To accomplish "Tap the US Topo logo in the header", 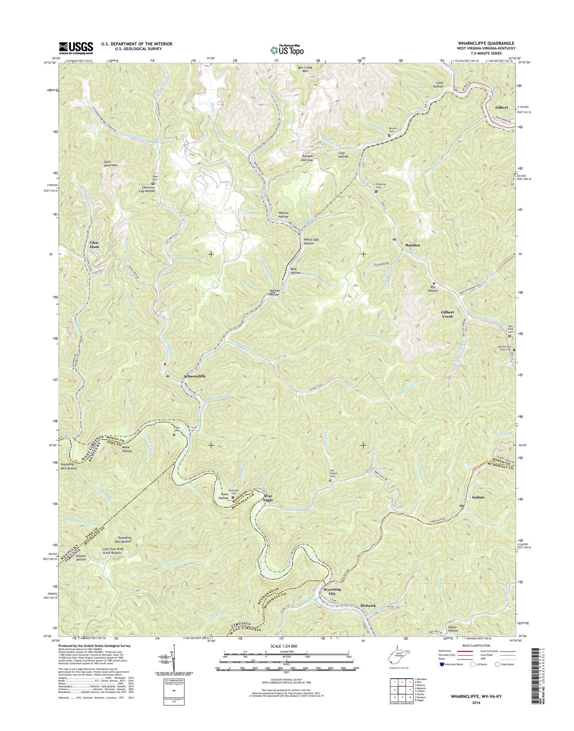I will pyautogui.click(x=287, y=50).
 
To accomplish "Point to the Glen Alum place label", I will pyautogui.click(x=94, y=245).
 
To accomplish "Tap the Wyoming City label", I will pyautogui.click(x=332, y=591).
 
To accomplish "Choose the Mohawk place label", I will pyautogui.click(x=370, y=606).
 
